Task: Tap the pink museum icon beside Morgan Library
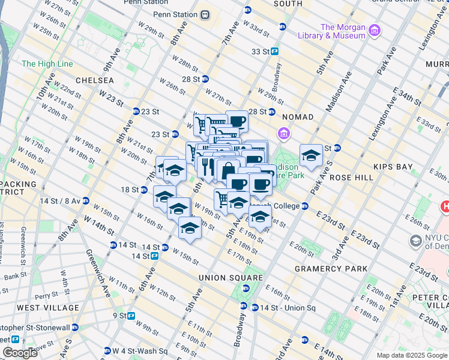pyautogui.click(x=374, y=30)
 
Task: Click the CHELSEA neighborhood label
pyautogui.click(x=95, y=80)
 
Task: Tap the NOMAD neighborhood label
pyautogui.click(x=297, y=117)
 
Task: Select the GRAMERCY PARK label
pyautogui.click(x=330, y=269)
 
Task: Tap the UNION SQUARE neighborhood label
pyautogui.click(x=231, y=278)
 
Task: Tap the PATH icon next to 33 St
pyautogui.click(x=274, y=52)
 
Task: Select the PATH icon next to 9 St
pyautogui.click(x=131, y=315)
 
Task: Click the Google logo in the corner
pyautogui.click(x=19, y=353)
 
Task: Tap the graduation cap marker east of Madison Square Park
pyautogui.click(x=311, y=156)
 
